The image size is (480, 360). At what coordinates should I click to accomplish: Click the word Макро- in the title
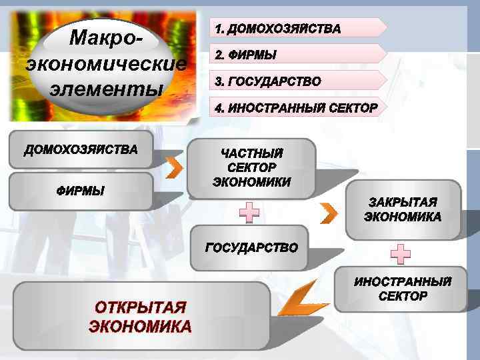pos(106,38)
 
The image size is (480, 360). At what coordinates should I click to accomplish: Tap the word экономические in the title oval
pos(106,63)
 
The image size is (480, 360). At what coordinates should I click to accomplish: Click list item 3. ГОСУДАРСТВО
pos(267,81)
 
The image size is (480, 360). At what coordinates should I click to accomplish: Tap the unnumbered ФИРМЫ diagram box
pos(81,191)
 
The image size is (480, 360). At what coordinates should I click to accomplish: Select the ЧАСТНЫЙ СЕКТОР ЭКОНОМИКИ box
pos(251,168)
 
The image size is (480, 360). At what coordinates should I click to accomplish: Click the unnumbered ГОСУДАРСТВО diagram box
pos(251,248)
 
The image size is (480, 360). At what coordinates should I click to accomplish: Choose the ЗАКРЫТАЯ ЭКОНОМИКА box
pos(402,209)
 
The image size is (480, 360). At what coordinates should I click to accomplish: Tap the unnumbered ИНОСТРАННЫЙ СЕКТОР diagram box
pos(402,289)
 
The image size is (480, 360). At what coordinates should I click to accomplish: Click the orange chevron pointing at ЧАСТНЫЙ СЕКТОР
pos(173,168)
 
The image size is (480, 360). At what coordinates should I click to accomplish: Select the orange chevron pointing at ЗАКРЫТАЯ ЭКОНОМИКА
pos(329,213)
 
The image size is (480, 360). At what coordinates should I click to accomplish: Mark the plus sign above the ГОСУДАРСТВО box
pos(249,213)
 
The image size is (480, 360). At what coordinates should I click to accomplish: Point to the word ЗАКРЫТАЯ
pos(403,202)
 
